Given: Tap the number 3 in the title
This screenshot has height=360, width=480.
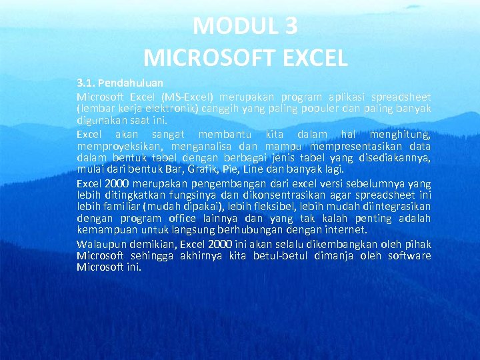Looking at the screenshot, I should [x=290, y=26].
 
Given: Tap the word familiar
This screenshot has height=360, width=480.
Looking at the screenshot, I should [x=117, y=207].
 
